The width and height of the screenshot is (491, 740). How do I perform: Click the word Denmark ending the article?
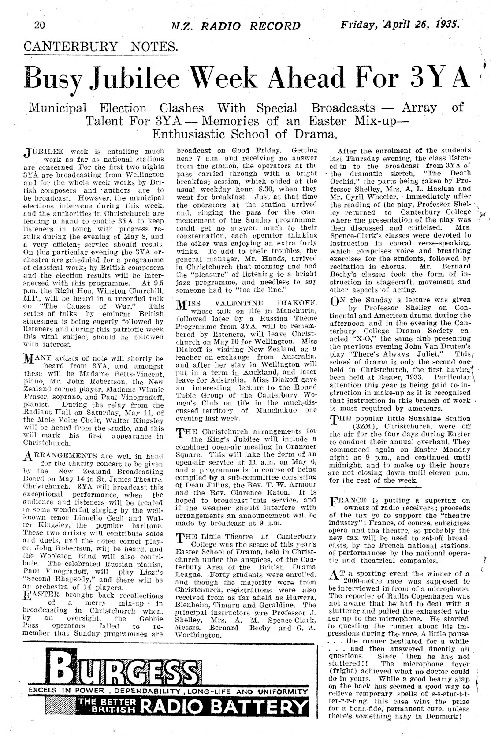pos(442,728)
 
